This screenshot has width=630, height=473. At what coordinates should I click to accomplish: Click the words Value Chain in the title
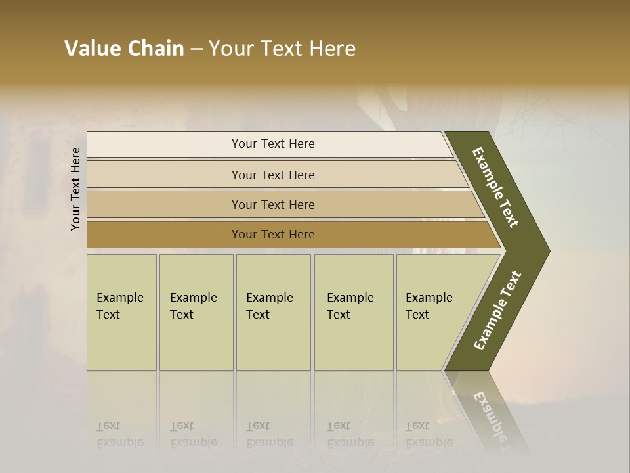pyautogui.click(x=124, y=49)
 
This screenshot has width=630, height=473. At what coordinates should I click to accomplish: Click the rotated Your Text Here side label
pyautogui.click(x=75, y=189)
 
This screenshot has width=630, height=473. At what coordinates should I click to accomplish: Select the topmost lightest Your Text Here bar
pyautogui.click(x=272, y=144)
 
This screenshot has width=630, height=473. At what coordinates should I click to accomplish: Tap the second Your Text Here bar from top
pyautogui.click(x=272, y=175)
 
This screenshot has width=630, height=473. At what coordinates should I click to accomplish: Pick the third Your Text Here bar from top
pyautogui.click(x=272, y=204)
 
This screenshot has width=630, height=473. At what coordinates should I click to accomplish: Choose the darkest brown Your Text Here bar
pyautogui.click(x=272, y=235)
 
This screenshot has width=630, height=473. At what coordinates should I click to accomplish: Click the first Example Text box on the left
pyautogui.click(x=121, y=312)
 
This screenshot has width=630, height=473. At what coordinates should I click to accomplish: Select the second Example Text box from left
pyautogui.click(x=196, y=312)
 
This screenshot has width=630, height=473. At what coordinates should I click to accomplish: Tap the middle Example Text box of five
pyautogui.click(x=273, y=312)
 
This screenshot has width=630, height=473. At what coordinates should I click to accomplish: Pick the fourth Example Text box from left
pyautogui.click(x=353, y=312)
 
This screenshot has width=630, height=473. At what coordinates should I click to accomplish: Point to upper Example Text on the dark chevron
pyautogui.click(x=496, y=187)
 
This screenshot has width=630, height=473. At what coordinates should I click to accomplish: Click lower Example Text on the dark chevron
pyautogui.click(x=497, y=310)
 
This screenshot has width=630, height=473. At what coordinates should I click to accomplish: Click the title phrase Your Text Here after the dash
pyautogui.click(x=282, y=49)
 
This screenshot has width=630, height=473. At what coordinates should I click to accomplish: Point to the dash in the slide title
pyautogui.click(x=196, y=49)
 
